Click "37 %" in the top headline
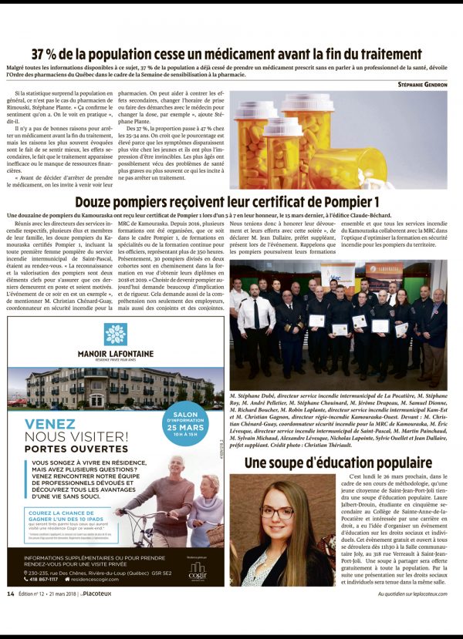[x=49, y=54]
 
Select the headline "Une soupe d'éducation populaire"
[x=338, y=462]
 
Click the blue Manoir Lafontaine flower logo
[x=116, y=334]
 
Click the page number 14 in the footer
[x=11, y=593]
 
